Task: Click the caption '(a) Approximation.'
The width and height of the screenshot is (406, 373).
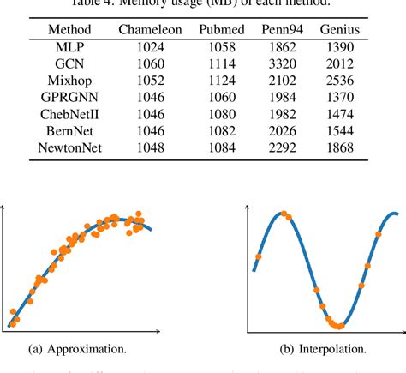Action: click(x=80, y=349)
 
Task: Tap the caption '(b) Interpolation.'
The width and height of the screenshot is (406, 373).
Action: click(x=323, y=349)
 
